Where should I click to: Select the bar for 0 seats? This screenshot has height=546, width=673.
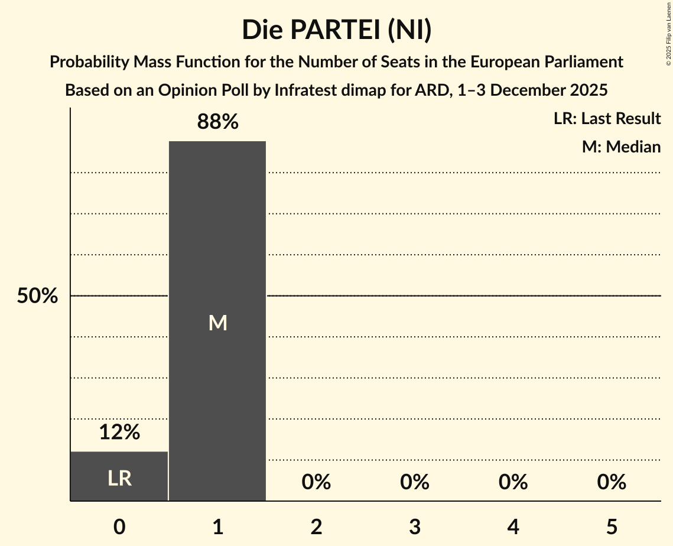tap(119, 476)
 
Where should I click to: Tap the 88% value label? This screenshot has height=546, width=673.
tap(217, 122)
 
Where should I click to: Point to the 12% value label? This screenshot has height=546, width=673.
tap(119, 433)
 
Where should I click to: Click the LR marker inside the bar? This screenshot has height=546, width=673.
tap(119, 478)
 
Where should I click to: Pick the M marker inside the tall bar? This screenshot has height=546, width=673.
tap(217, 323)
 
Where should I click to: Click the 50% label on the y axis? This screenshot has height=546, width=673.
tap(37, 296)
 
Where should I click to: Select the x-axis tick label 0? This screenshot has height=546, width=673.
tap(119, 526)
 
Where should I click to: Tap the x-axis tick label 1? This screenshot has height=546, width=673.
tap(218, 526)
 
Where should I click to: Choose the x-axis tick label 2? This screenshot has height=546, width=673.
tap(316, 526)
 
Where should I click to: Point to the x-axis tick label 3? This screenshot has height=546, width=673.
tap(415, 526)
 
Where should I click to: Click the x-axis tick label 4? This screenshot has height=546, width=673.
tap(513, 526)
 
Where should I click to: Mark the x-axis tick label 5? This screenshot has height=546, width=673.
tap(612, 526)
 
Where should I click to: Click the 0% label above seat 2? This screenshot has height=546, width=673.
tap(316, 482)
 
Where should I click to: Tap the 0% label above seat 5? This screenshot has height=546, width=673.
tap(612, 482)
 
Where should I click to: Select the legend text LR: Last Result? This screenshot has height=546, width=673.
tap(607, 119)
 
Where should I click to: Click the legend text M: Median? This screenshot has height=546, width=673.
tap(621, 147)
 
